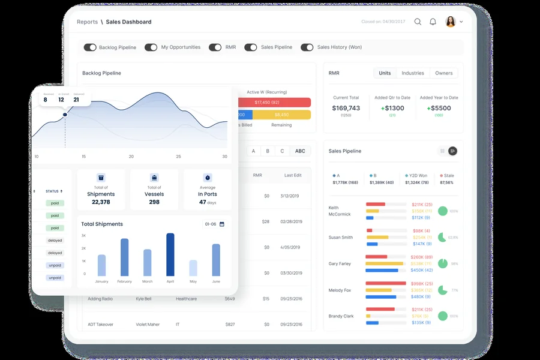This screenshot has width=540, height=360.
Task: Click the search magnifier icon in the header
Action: tap(418, 22)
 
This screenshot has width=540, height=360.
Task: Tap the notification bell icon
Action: tap(433, 22)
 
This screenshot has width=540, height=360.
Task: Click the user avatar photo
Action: tap(450, 22)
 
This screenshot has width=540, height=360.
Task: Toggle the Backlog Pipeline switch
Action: tap(90, 47)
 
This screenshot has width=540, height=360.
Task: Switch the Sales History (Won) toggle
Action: tap(307, 47)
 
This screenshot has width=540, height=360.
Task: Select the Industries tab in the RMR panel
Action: tap(413, 73)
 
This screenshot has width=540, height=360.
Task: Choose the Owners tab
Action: tap(444, 73)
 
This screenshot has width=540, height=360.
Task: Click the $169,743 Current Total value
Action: tap(346, 108)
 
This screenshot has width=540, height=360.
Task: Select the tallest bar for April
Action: tap(170, 254)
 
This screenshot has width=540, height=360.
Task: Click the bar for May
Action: tap(193, 268)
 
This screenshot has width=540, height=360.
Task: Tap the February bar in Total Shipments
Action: tap(125, 257)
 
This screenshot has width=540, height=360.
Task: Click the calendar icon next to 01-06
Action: tap(222, 224)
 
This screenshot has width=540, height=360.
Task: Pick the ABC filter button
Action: tap(300, 151)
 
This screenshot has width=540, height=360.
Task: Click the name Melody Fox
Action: tap(340, 290)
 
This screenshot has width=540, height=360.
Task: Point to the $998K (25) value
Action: tap(422, 284)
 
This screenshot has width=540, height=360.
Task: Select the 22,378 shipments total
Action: tap(101, 202)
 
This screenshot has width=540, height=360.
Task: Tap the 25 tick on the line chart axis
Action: tap(178, 157)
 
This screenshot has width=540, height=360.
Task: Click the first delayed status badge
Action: tap(55, 241)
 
